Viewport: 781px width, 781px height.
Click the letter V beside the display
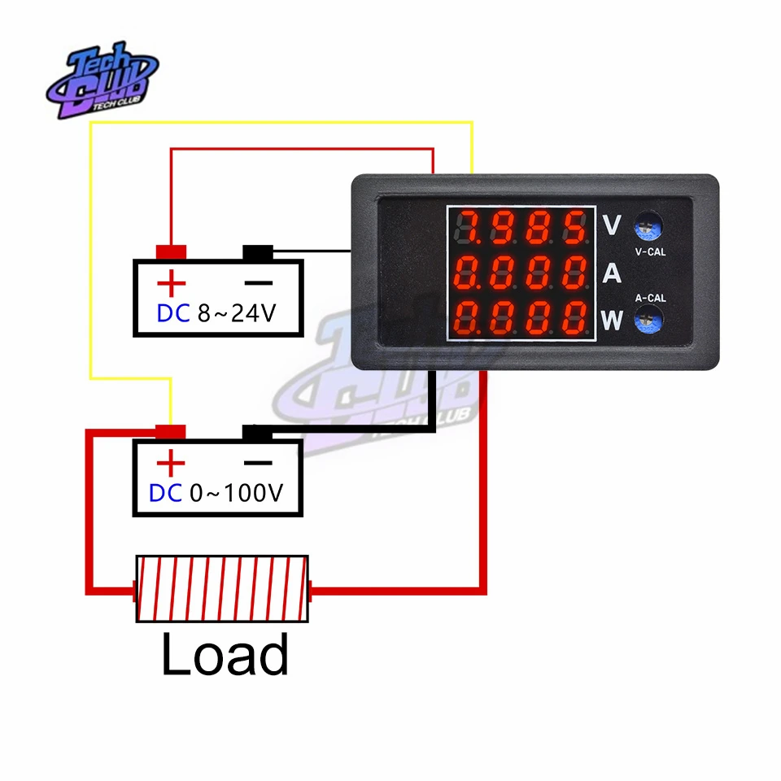pos(612,224)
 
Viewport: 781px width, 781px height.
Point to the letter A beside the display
pos(612,274)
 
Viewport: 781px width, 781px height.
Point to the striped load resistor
pos(222,589)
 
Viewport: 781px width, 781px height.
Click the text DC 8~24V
pos(217,313)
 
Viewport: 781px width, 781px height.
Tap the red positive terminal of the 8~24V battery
pos(172,253)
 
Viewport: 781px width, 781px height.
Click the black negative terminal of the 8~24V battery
pos(258,253)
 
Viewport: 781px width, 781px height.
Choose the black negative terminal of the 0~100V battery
pos(258,433)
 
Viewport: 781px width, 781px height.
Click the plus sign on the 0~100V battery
pos(171,464)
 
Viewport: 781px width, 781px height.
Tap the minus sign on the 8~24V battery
pos(259,283)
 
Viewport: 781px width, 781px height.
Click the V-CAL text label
pos(649,252)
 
